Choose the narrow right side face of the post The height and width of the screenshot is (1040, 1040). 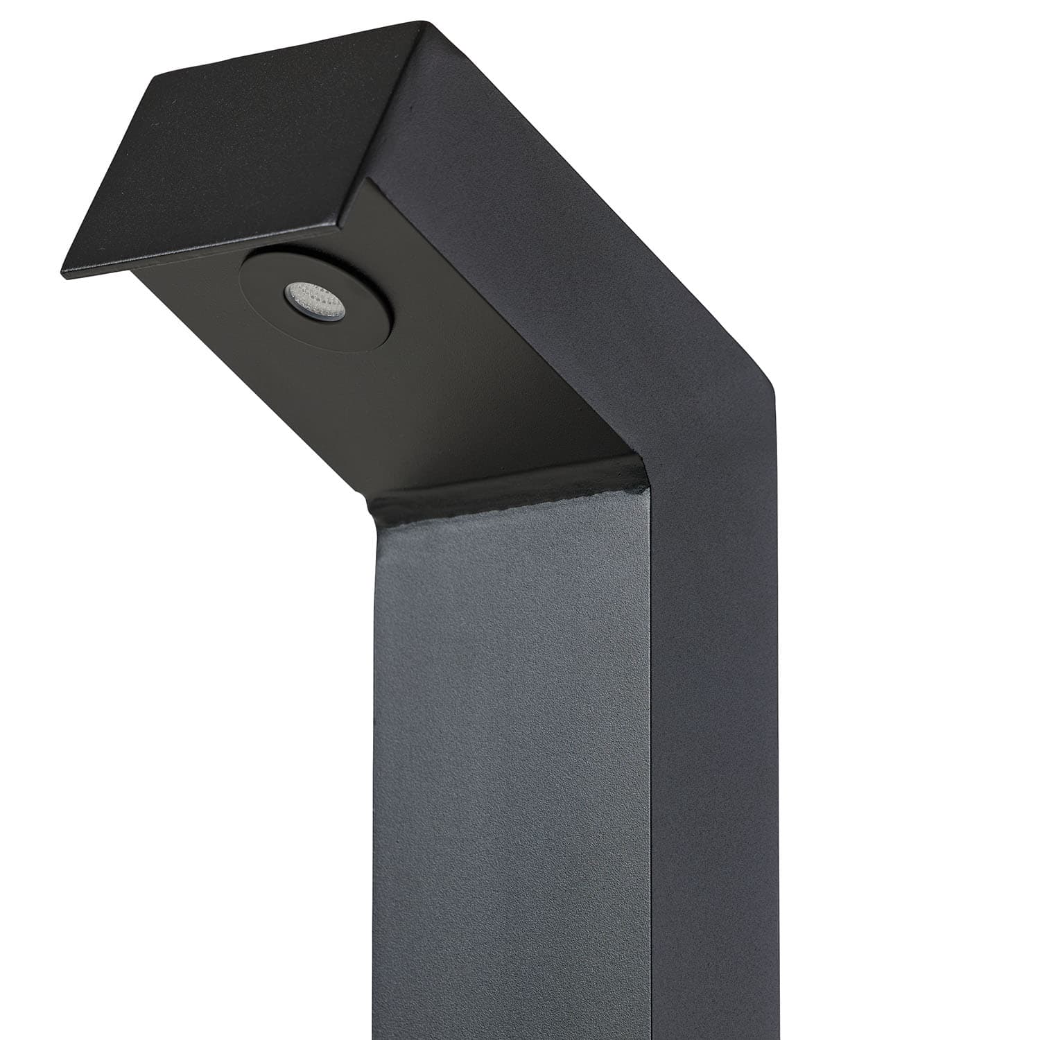point(714,763)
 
